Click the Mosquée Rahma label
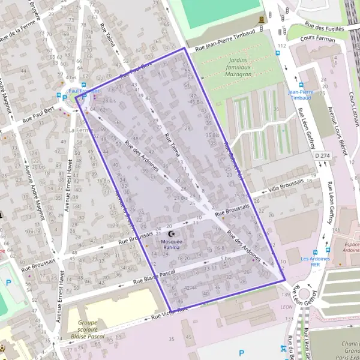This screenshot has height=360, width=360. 171,244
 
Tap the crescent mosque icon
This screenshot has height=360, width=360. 172,233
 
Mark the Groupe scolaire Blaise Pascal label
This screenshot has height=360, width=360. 88,329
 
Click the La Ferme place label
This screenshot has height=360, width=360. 78,130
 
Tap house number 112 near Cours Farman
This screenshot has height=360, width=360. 281,45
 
